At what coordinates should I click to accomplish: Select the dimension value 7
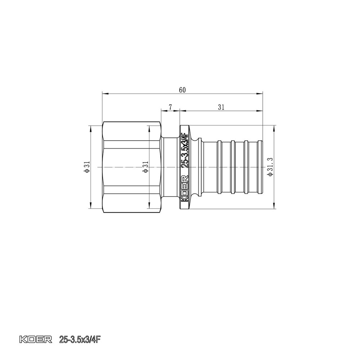coord(170,107)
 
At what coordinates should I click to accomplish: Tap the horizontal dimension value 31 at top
coord(221,107)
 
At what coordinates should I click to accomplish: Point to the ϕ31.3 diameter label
coord(270,167)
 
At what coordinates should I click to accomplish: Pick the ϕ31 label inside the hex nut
coord(145,167)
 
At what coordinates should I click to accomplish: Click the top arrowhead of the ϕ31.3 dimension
coord(275,127)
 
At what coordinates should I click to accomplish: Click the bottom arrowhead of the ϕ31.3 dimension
coord(275,207)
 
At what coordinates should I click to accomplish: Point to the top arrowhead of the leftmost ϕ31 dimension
coord(90,127)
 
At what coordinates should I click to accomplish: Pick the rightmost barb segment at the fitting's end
coord(256,167)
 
